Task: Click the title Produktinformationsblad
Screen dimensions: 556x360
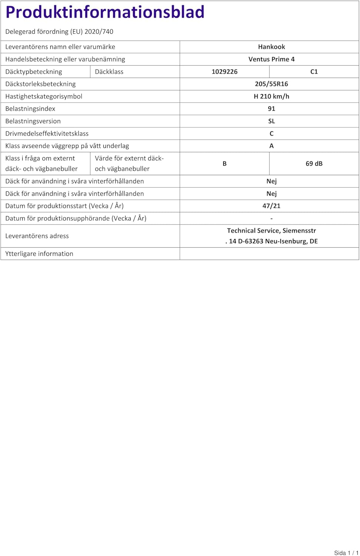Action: coord(105,12)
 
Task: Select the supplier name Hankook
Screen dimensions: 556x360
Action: coord(271,47)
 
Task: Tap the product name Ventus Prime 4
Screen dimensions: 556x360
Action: coord(271,59)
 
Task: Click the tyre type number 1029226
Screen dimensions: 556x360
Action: coord(224,72)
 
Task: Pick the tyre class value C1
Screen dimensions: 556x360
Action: coord(314,72)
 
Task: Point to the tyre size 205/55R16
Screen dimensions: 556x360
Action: coord(271,84)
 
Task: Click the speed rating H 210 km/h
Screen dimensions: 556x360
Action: coord(271,96)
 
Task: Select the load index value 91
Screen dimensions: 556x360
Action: coord(271,109)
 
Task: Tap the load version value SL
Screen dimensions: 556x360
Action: coord(271,121)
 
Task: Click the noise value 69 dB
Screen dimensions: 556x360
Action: coord(314,163)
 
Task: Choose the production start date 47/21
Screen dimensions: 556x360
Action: coord(271,206)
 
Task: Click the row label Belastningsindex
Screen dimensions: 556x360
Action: coord(30,109)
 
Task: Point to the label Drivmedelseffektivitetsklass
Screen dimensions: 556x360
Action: coord(47,133)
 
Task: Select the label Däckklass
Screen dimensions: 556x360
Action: coord(109,72)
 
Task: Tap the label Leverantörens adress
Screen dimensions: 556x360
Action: coord(37,236)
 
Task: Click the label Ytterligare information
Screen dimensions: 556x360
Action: coord(39,254)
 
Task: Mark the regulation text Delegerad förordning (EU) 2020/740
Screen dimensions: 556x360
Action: coord(59,32)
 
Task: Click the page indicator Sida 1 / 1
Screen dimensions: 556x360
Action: coord(346,553)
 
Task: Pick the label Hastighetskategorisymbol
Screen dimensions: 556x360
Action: coord(44,96)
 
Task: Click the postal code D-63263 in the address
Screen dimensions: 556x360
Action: coord(250,241)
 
